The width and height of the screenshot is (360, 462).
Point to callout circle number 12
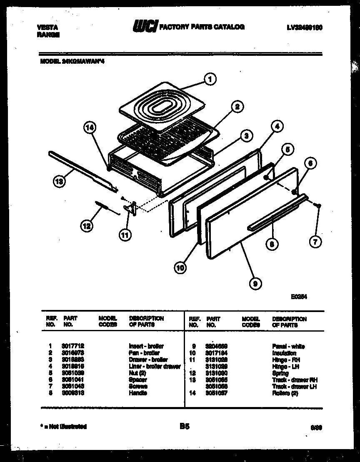(86, 226)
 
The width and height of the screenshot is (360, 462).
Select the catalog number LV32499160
(305, 27)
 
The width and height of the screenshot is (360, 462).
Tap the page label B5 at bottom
(185, 426)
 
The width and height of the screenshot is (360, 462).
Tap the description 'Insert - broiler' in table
(146, 346)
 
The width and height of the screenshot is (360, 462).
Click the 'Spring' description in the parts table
(280, 373)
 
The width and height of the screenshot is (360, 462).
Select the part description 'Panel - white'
(288, 346)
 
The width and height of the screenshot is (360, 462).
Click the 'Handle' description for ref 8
(138, 393)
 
